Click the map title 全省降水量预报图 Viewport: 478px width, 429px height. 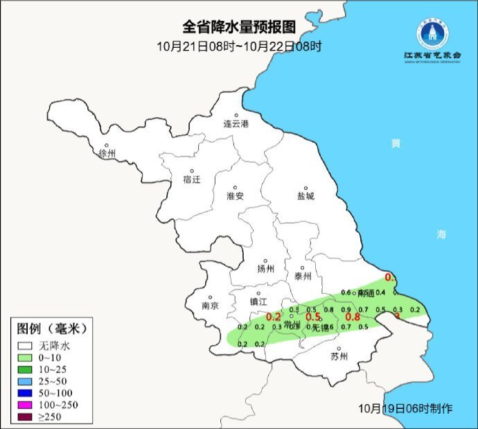(x=239, y=27)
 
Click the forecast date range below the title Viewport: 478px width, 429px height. (x=239, y=46)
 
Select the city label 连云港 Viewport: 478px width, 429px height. (x=236, y=124)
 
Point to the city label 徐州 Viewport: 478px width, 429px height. (x=107, y=153)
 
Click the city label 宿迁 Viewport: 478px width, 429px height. (x=192, y=179)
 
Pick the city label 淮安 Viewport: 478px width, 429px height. (x=236, y=195)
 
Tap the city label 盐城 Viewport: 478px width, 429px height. (x=305, y=195)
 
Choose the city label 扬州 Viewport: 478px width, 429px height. (x=266, y=269)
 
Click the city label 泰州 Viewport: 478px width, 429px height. (x=303, y=275)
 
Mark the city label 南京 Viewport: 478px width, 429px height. (x=210, y=305)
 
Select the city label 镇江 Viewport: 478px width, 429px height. (x=258, y=301)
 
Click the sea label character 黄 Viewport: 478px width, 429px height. (x=396, y=143)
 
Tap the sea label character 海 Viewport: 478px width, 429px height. (x=441, y=234)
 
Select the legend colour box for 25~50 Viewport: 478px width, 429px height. (x=26, y=382)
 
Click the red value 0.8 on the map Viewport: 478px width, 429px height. (x=353, y=317)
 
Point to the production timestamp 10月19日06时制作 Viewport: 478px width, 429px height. (x=406, y=408)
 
